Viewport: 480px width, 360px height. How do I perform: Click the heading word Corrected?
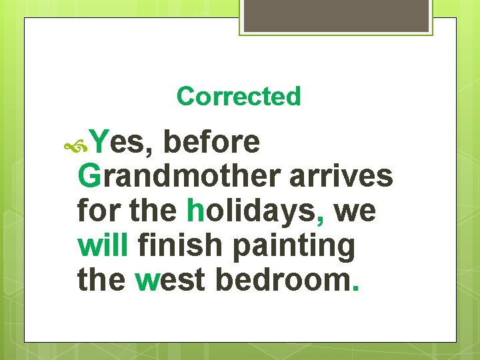click(x=239, y=97)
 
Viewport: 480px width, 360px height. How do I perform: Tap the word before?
click(x=211, y=142)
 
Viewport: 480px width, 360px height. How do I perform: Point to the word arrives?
click(x=341, y=177)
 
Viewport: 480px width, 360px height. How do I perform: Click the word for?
click(x=99, y=211)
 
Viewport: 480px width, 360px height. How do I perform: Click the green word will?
click(x=103, y=246)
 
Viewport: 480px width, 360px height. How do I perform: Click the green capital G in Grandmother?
click(x=89, y=177)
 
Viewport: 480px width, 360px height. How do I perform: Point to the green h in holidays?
click(x=195, y=211)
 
